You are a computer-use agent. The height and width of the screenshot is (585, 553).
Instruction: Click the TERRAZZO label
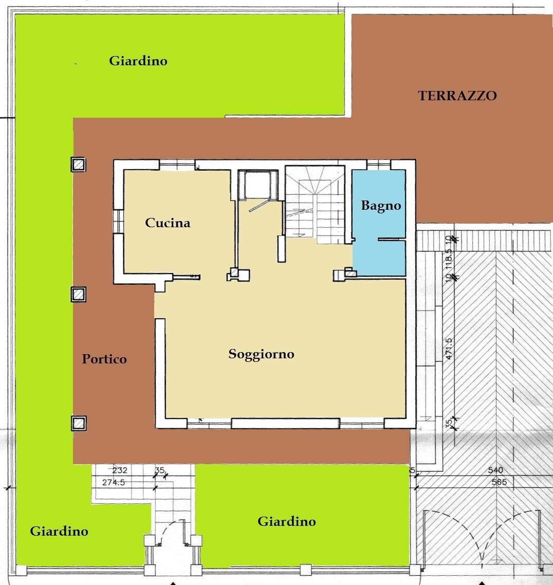click(457, 96)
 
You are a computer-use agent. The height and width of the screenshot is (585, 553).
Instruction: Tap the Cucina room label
click(168, 223)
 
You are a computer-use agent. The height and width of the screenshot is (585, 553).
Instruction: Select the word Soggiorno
click(261, 354)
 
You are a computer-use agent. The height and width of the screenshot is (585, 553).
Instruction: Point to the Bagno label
click(381, 206)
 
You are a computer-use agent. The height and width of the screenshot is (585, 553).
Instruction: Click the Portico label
click(104, 359)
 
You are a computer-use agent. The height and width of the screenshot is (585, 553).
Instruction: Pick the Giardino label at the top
click(138, 61)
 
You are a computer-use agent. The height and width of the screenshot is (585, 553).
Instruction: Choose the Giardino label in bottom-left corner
click(59, 531)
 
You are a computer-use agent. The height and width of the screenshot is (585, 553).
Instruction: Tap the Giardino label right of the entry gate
click(286, 521)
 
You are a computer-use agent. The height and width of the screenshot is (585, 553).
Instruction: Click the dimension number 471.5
click(449, 349)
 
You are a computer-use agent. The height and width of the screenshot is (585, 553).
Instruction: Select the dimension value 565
click(499, 482)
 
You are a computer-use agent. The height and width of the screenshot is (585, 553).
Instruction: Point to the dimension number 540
click(495, 470)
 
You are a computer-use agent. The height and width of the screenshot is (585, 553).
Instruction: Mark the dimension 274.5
click(114, 482)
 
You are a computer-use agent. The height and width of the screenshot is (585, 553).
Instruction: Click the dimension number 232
click(120, 470)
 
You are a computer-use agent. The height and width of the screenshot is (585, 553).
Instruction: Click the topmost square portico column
click(78, 164)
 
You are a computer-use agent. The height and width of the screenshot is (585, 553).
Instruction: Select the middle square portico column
click(78, 295)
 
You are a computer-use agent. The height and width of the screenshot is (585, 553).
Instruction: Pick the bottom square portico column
click(79, 424)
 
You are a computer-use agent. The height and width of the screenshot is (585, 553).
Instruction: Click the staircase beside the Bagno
click(315, 205)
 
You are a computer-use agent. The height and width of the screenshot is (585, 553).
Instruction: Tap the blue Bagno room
click(379, 223)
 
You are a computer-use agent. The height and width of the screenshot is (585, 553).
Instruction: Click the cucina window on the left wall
click(118, 221)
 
